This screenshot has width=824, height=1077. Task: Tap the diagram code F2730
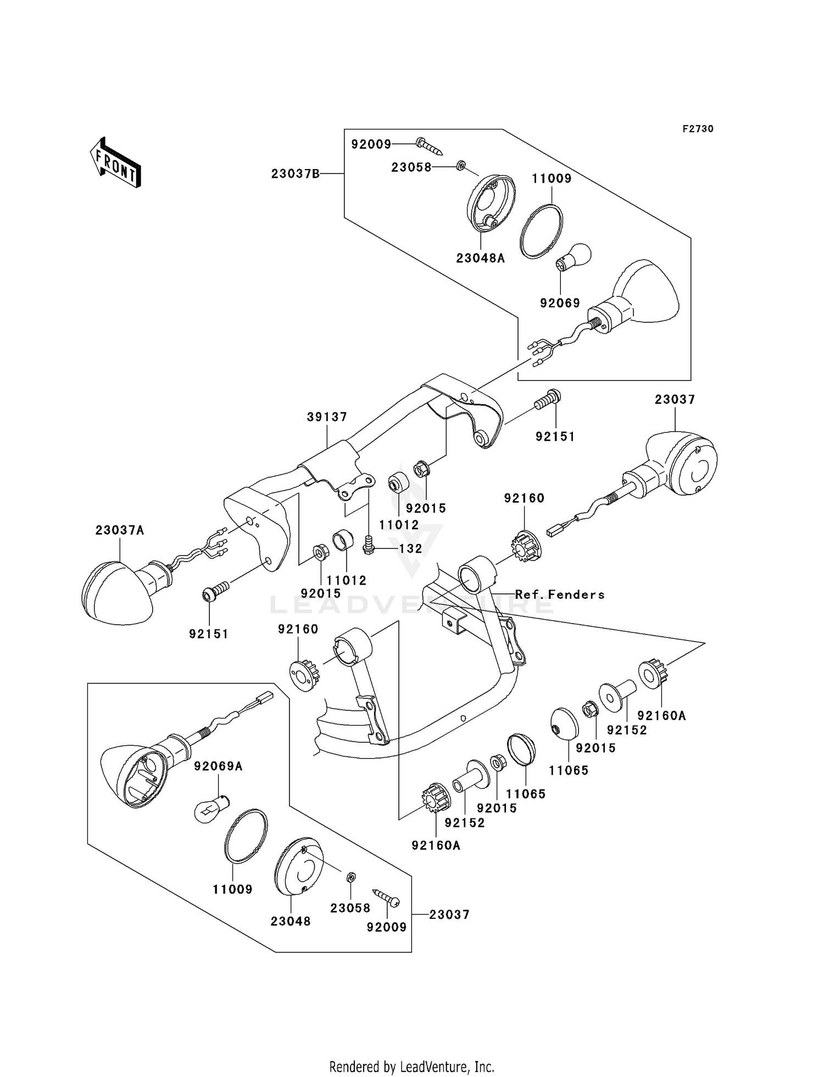698,129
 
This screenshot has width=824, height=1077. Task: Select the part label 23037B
295,174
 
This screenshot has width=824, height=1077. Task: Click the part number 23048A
480,258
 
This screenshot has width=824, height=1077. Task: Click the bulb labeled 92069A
212,809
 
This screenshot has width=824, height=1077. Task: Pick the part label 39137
327,417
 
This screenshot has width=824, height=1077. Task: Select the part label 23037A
120,530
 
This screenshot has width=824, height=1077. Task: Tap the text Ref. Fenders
559,594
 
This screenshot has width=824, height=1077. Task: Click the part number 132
410,548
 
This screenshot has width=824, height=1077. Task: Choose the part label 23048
291,922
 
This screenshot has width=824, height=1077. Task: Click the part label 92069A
218,766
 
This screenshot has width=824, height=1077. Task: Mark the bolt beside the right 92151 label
548,400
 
